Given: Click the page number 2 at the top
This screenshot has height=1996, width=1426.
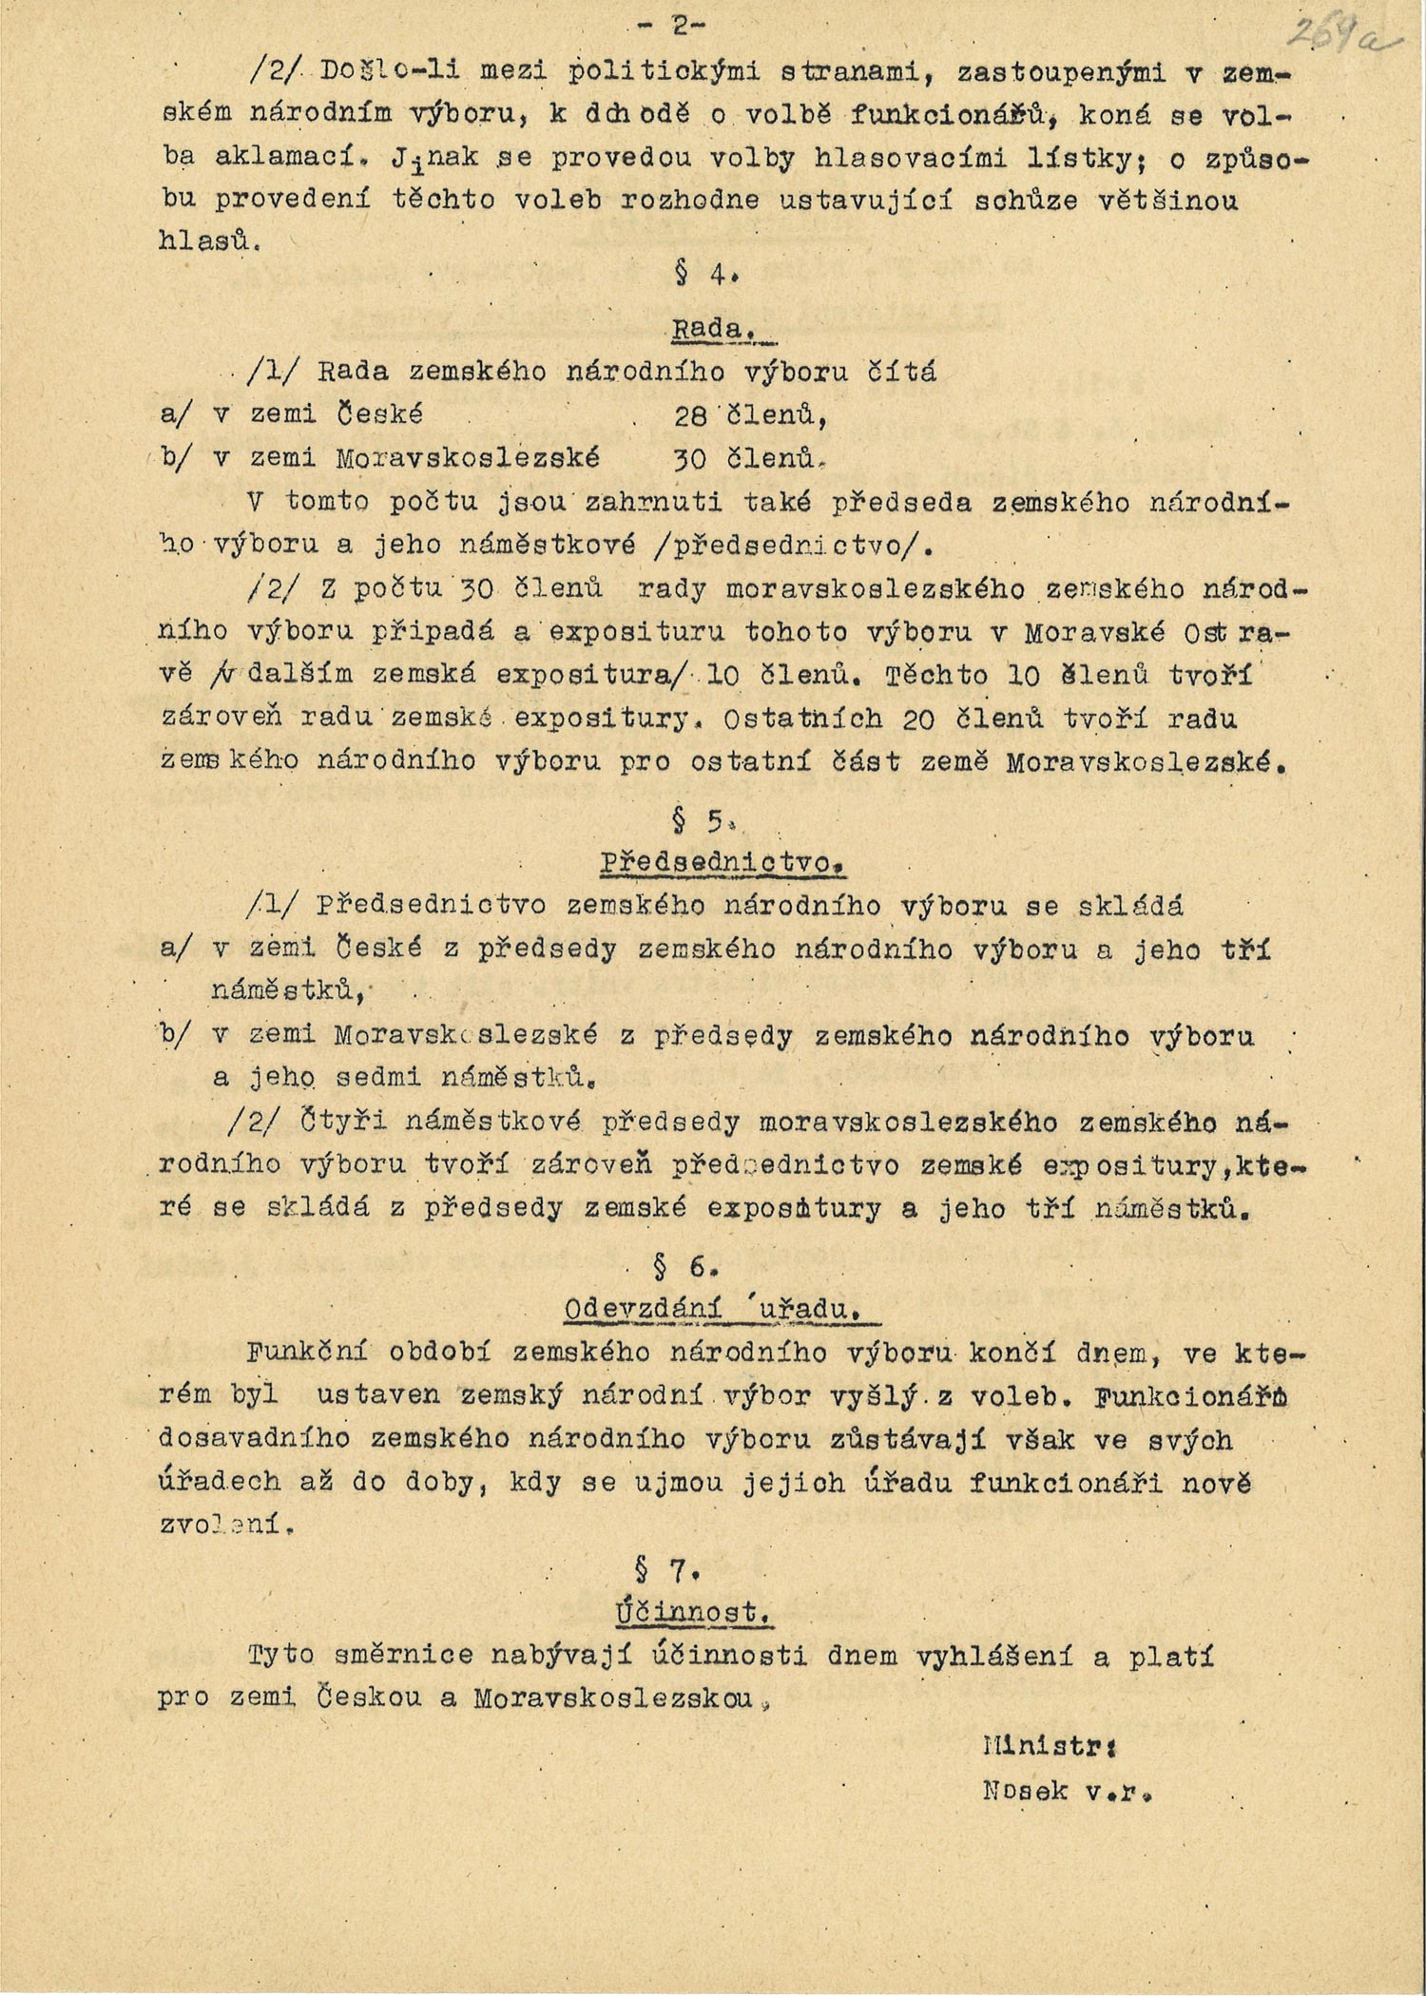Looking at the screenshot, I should [x=680, y=27].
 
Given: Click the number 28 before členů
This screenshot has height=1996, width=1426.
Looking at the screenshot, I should [x=691, y=414].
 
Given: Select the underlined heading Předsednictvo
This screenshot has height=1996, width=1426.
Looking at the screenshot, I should [x=722, y=863].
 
